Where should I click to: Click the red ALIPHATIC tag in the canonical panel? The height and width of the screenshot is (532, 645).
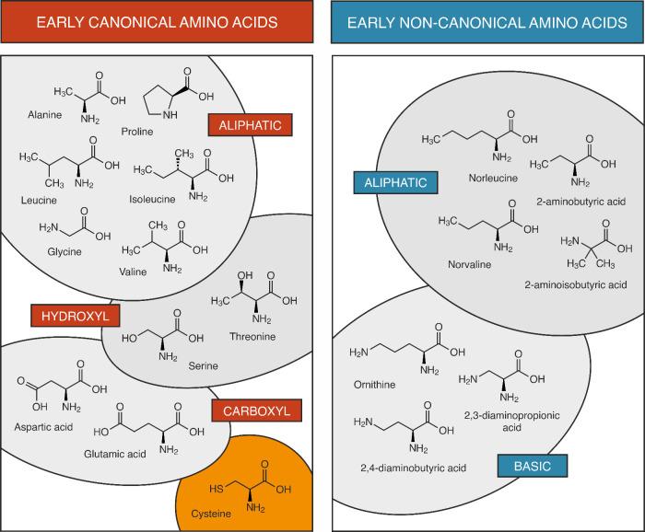251,123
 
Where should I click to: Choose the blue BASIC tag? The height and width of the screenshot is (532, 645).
533,466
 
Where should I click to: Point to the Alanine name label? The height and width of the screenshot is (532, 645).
45,118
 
